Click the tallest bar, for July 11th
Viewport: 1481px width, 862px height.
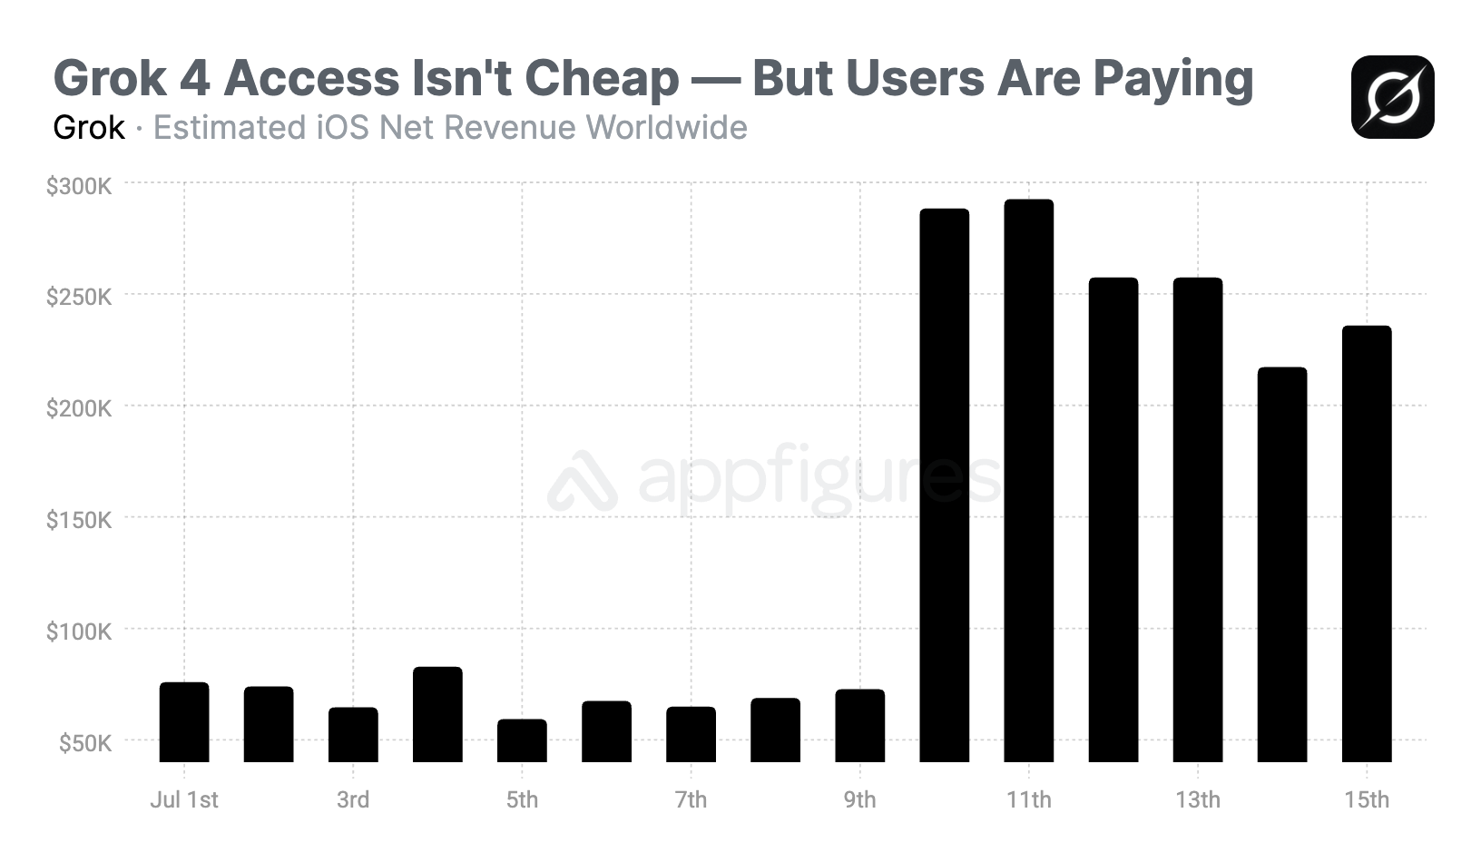[1028, 481]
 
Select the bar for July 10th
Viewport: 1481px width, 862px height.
[944, 485]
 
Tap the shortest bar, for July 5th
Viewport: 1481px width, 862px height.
[522, 740]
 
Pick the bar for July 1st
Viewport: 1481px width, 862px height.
[184, 722]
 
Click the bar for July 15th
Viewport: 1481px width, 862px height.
[1366, 544]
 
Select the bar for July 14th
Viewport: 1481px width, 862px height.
[1281, 564]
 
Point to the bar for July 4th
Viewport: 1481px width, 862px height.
[437, 715]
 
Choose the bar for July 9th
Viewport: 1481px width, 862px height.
[859, 726]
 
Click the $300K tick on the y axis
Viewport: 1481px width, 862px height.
[79, 186]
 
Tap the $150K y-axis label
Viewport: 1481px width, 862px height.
[79, 520]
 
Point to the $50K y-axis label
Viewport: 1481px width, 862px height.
[85, 743]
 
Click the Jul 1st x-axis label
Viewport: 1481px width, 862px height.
[184, 799]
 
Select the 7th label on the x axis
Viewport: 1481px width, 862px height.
[691, 799]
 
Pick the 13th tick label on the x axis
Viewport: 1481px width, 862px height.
[1197, 799]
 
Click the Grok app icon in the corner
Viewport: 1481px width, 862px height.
[1392, 97]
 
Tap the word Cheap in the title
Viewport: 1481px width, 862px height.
[601, 79]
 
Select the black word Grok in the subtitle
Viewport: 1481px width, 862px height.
[89, 128]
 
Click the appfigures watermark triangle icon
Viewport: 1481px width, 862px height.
[582, 481]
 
